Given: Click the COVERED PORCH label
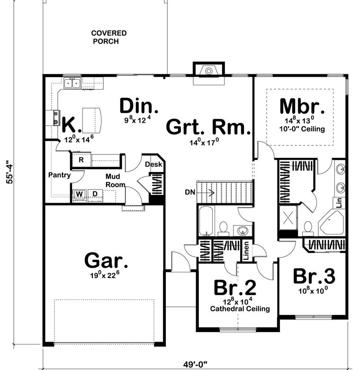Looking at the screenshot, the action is point(109,37).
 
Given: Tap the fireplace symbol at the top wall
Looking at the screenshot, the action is point(209,70).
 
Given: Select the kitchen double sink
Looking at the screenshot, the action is point(72,83).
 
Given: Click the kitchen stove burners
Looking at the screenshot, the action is point(56,117).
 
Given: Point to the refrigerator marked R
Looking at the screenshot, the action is point(81,160).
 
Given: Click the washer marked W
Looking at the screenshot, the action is point(80,194).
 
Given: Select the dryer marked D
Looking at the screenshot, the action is point(95,194).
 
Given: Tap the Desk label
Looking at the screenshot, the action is point(153,164).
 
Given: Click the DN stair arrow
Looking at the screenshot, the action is point(205,192).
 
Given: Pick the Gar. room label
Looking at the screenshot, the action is point(106,260).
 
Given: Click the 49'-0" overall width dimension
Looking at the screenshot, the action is point(195,364).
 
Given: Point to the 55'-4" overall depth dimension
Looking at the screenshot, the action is point(10,172).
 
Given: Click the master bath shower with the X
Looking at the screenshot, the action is point(288,217).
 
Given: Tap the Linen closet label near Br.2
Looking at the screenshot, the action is point(246,251).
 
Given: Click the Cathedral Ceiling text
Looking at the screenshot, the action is point(240,308).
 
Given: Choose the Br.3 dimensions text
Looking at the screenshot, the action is point(313,290).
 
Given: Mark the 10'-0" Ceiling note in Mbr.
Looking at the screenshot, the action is point(302,129).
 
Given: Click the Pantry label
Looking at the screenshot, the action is point(60,175).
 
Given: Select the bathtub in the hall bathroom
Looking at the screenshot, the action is point(206,221).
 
